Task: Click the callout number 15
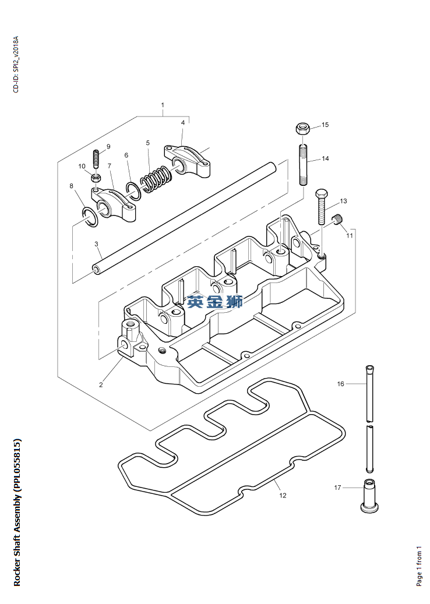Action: coord(325,125)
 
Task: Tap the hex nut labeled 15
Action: coord(302,128)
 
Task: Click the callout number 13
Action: coord(343,201)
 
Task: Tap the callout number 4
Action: coord(183,122)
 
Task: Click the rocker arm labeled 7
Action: coord(114,204)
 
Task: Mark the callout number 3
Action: coord(96,243)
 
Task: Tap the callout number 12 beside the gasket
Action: coord(283,496)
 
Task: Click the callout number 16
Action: coord(341,384)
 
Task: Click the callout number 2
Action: coord(101,384)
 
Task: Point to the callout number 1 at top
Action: coord(163,105)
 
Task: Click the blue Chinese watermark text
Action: coord(214,302)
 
